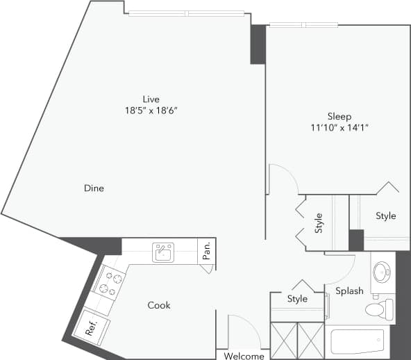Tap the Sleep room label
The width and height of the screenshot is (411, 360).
coord(339,116)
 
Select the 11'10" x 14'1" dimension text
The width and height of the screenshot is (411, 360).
coord(339,128)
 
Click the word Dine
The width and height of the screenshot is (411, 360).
coord(94,188)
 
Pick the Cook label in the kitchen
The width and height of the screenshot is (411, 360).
coord(159,305)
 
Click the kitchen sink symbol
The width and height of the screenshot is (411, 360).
coord(163,252)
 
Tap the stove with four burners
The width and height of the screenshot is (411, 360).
coord(109,281)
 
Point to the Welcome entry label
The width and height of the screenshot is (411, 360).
coord(244,356)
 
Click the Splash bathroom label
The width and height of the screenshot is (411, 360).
coord(349,291)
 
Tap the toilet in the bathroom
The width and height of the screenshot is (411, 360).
coord(380,309)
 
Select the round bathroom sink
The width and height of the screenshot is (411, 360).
coord(382,272)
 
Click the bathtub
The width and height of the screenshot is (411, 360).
coord(357,343)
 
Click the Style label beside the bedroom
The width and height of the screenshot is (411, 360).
coord(386,216)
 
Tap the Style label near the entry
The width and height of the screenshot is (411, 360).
coord(297,299)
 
